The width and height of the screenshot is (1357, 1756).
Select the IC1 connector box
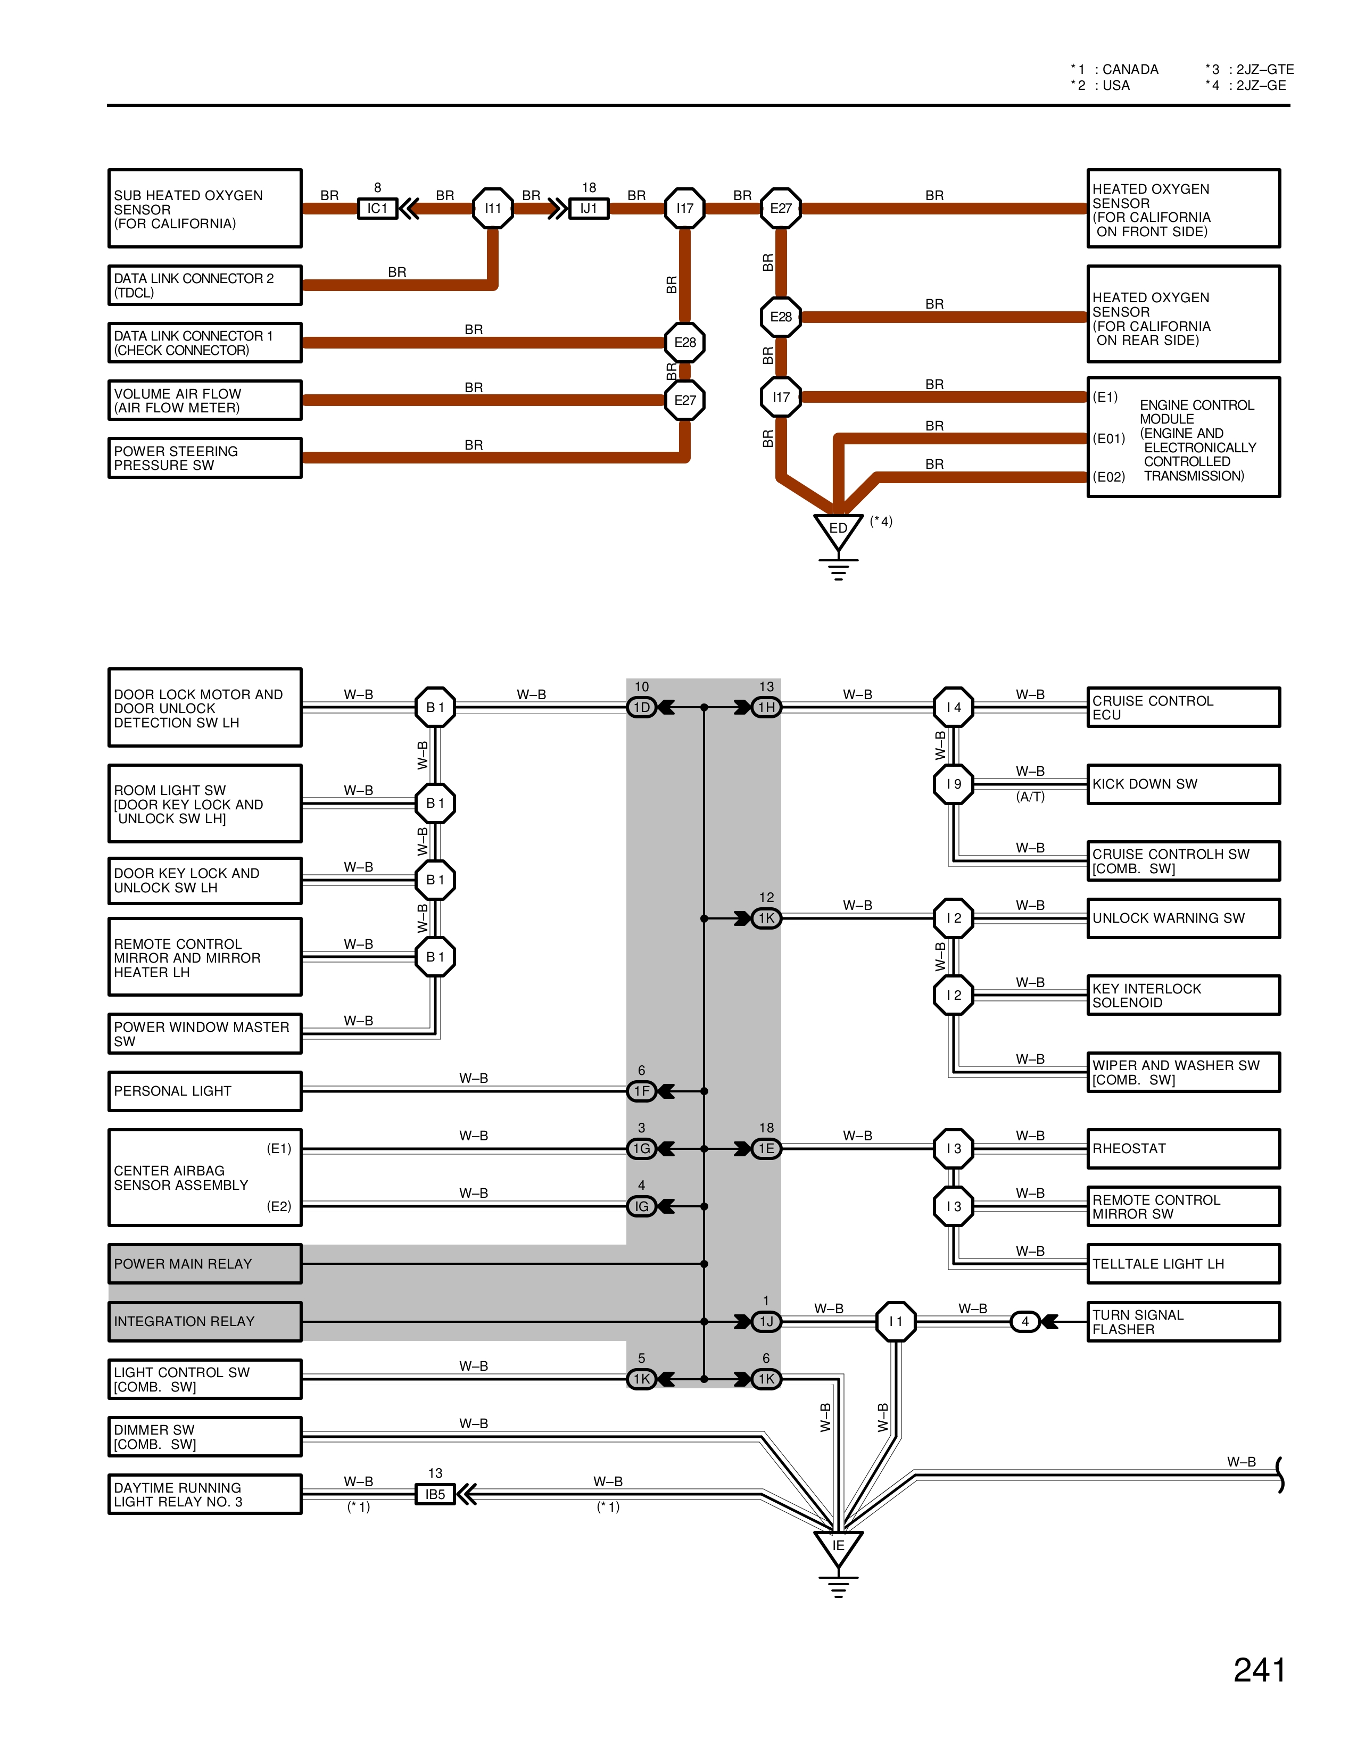click(x=377, y=208)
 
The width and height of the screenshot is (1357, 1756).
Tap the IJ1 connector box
click(x=589, y=208)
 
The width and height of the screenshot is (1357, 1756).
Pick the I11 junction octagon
click(x=493, y=208)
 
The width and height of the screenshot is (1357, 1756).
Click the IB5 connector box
click(x=435, y=1494)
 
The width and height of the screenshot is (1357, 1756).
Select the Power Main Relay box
click(x=205, y=1263)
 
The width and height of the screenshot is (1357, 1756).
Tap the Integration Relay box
click(x=205, y=1321)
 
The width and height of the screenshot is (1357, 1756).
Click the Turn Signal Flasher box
click(x=1182, y=1321)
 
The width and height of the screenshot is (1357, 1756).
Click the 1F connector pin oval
click(x=642, y=1091)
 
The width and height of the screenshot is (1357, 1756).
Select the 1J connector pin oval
click(x=766, y=1321)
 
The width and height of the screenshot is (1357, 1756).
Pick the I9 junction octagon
click(x=954, y=784)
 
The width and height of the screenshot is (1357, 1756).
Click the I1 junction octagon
click(x=896, y=1321)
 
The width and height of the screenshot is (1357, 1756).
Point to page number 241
click(x=1259, y=1670)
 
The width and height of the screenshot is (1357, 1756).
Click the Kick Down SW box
click(x=1182, y=784)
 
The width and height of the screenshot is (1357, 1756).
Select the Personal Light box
click(x=205, y=1091)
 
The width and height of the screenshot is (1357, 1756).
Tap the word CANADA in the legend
click(x=1130, y=70)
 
